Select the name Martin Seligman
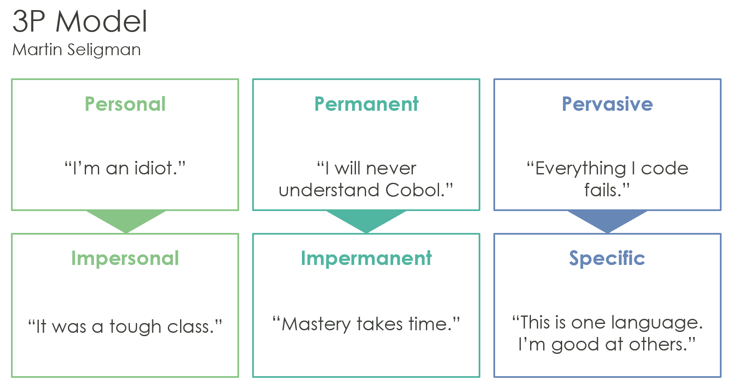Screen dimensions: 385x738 pyautogui.click(x=76, y=50)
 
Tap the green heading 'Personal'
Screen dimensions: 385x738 pyautogui.click(x=125, y=104)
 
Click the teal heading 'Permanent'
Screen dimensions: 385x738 pyautogui.click(x=366, y=104)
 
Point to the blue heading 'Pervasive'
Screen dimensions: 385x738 pyautogui.click(x=607, y=104)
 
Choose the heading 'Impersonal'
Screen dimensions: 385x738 pyautogui.click(x=125, y=258)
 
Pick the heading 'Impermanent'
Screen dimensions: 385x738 pyautogui.click(x=366, y=258)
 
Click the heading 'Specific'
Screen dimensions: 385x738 pyautogui.click(x=607, y=258)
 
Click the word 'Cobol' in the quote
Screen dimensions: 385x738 pyautogui.click(x=415, y=190)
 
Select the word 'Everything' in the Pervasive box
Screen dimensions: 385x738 pyautogui.click(x=581, y=168)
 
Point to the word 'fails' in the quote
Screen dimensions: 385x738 pyautogui.click(x=601, y=190)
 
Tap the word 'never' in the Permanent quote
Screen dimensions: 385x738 pyautogui.click(x=391, y=168)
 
